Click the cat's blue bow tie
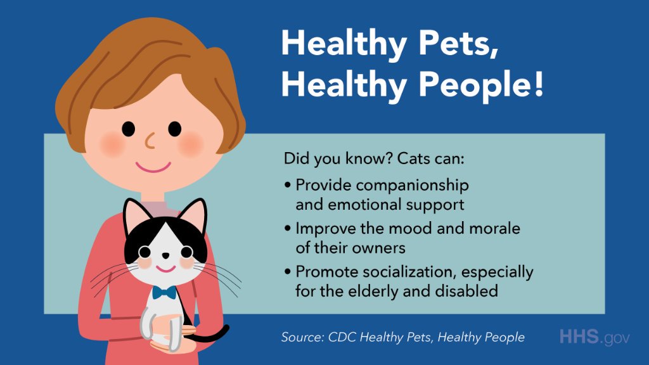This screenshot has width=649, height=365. [164, 292]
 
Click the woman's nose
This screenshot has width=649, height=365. [150, 141]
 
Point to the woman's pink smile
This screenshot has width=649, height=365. [153, 167]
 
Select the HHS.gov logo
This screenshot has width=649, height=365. [594, 337]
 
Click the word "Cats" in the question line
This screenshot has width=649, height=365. [414, 158]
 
